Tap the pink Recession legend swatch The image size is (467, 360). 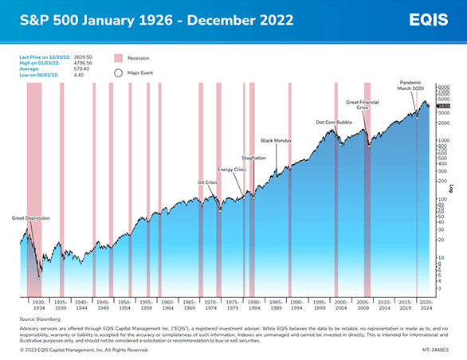119,58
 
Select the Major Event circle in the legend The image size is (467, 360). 119,72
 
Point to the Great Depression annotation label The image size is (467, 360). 29,217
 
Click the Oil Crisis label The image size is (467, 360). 207,182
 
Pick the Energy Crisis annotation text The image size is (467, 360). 231,170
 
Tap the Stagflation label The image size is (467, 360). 253,158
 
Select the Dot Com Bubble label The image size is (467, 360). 333,122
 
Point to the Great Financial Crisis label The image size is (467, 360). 363,105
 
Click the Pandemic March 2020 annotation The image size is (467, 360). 412,85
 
